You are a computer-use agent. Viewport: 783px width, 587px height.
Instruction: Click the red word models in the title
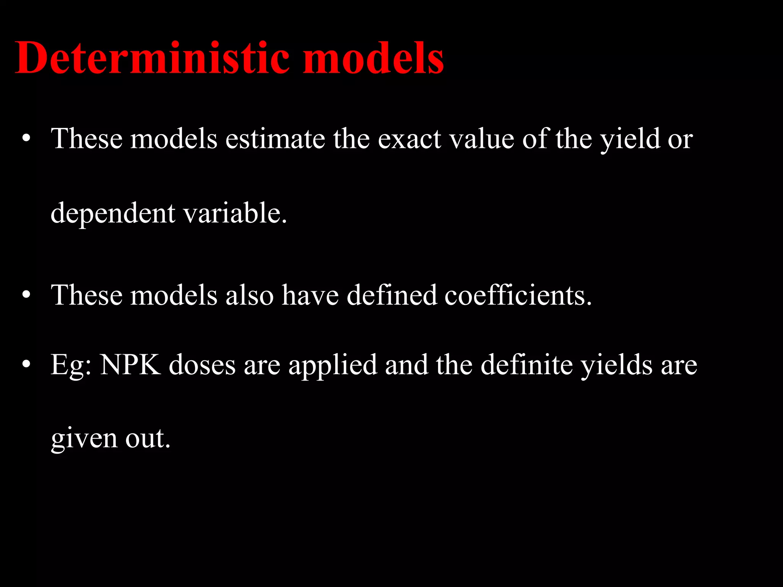tap(373, 58)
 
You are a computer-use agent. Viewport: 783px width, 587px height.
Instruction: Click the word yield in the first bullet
tap(630, 138)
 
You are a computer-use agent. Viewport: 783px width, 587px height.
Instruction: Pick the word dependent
tap(113, 213)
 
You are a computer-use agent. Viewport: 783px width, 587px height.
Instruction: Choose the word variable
tap(235, 212)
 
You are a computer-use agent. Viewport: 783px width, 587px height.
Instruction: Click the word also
tap(249, 295)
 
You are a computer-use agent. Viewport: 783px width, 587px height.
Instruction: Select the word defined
tap(391, 295)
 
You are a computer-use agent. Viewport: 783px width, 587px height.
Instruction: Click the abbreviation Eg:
tap(71, 365)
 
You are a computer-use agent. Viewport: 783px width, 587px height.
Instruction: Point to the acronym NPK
tap(130, 365)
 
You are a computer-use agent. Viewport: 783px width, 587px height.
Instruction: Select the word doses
tap(202, 365)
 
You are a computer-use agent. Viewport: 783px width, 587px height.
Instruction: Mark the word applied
tap(333, 365)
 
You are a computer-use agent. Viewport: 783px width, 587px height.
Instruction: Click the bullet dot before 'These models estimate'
tap(26, 139)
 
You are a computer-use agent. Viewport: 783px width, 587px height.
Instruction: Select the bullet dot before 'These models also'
tap(26, 295)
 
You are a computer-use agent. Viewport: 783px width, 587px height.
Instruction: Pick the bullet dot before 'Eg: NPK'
tap(26, 365)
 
